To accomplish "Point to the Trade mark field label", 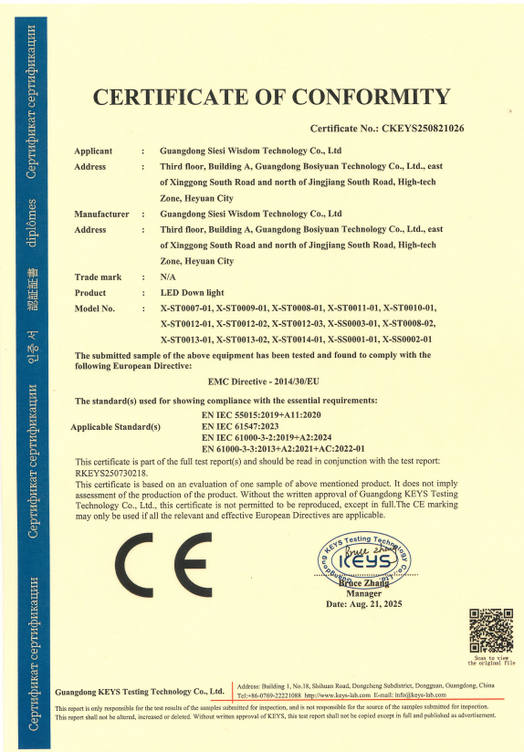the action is [x=98, y=276].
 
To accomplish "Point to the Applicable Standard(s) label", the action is [x=115, y=426].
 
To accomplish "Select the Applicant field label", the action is [x=93, y=151].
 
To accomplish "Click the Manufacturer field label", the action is [x=101, y=214].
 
